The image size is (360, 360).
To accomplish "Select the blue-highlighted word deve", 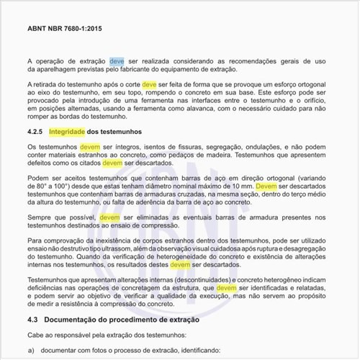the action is [x=117, y=61].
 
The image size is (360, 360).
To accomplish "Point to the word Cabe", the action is [x=36, y=334].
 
